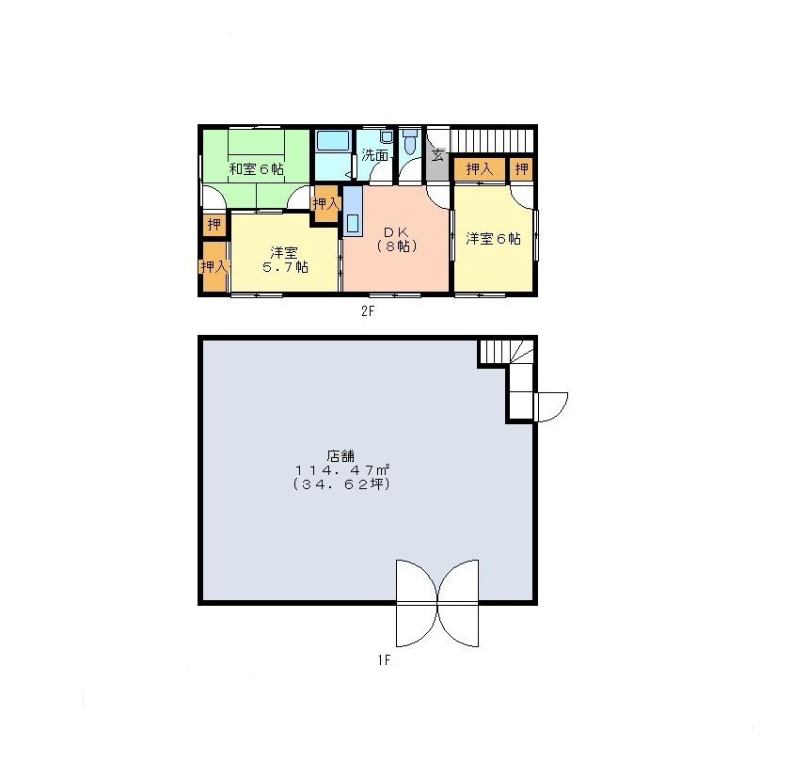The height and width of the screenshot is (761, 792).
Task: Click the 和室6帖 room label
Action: [x=256, y=168]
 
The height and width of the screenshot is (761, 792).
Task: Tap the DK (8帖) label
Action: [x=397, y=239]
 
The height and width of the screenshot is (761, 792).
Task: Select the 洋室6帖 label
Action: [x=493, y=238]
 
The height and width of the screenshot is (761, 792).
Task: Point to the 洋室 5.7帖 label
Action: [x=284, y=260]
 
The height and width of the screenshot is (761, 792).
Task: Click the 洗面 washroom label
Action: [x=374, y=155]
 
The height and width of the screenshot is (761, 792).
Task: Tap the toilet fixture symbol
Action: [x=411, y=141]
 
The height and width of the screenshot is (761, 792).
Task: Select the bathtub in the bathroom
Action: [x=333, y=140]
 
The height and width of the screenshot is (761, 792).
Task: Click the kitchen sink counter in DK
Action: [x=353, y=211]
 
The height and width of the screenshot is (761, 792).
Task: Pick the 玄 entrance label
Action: [x=437, y=155]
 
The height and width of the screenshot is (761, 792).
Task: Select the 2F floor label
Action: [x=368, y=311]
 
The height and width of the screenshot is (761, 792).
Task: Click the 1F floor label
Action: [x=384, y=660]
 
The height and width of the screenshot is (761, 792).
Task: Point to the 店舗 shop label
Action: [x=341, y=456]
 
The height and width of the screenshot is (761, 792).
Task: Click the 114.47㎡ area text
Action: [x=342, y=470]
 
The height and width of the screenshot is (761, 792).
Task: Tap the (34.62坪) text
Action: [x=342, y=484]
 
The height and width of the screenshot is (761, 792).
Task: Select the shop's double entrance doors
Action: [x=437, y=603]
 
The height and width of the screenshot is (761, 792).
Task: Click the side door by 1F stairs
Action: [x=551, y=407]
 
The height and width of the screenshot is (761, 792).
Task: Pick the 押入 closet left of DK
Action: [x=325, y=204]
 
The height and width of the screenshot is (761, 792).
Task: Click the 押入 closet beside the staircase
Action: [x=480, y=169]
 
